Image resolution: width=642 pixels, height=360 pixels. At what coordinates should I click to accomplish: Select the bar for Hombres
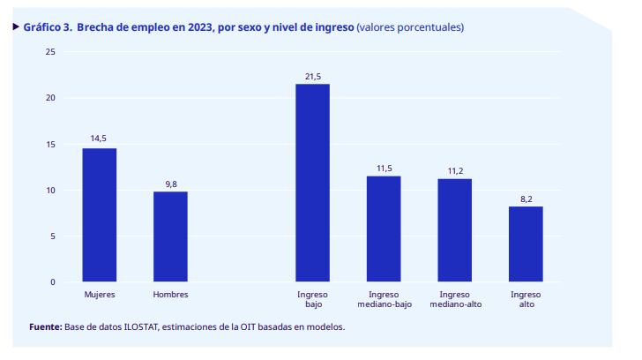point(170,236)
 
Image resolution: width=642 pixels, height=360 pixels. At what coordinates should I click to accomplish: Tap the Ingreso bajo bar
point(312,183)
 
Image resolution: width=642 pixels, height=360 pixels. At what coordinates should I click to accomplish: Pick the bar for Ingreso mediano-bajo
point(384,229)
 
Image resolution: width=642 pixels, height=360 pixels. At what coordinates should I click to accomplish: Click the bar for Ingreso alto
point(526,244)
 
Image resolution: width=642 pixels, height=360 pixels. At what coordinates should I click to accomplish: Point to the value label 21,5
point(312,78)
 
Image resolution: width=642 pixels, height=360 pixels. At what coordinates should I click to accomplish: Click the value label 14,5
point(99,139)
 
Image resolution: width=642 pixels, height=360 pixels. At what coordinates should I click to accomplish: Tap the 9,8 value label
point(170,184)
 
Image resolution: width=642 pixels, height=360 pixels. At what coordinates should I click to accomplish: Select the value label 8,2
point(526,199)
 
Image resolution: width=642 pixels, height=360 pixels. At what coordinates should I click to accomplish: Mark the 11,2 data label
point(455,170)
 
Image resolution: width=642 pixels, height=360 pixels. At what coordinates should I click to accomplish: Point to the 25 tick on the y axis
point(50,52)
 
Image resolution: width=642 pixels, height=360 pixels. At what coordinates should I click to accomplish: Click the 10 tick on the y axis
point(50,190)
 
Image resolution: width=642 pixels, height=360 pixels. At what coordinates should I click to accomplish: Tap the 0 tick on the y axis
point(53,281)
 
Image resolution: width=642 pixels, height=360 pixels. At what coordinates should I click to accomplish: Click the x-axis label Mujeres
point(99,295)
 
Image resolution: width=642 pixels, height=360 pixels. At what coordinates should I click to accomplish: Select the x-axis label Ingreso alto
point(526,300)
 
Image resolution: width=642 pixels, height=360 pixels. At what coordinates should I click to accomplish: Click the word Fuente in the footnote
point(45,327)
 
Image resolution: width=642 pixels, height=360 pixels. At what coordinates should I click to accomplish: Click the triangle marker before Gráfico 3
point(16,26)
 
